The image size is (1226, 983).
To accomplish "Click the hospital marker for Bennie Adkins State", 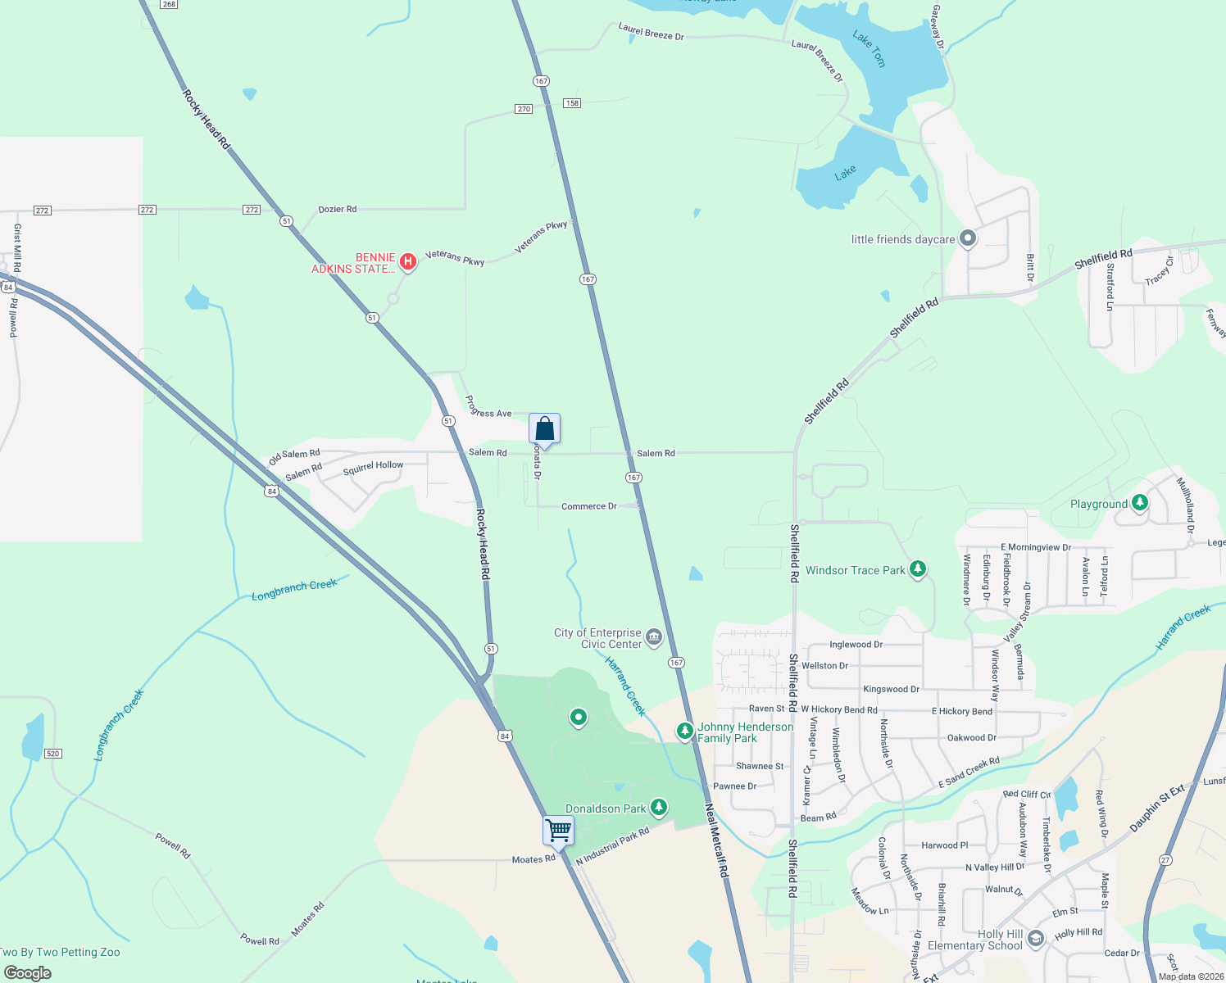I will [x=407, y=262].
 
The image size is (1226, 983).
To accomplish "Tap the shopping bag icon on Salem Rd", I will [x=544, y=428].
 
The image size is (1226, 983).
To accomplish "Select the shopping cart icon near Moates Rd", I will [x=558, y=830].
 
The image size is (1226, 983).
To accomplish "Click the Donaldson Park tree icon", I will [x=658, y=808].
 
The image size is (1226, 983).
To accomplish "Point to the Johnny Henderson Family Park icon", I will [x=684, y=731].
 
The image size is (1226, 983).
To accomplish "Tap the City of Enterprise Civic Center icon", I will [x=654, y=637].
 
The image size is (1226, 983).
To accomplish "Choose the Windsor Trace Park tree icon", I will [x=918, y=569].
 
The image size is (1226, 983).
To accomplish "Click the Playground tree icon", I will [x=1139, y=503].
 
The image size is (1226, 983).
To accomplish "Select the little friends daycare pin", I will [x=968, y=238].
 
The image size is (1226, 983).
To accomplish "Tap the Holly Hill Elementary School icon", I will [x=1035, y=938].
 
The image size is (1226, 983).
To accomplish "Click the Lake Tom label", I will [x=869, y=48].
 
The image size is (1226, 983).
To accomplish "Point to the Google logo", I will [x=28, y=973].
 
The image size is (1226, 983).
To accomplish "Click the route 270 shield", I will [x=524, y=109].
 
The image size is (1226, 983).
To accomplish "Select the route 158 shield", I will [x=572, y=103].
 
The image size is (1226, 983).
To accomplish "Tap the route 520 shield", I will [x=52, y=754].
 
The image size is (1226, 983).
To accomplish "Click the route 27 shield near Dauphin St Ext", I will [x=1165, y=859].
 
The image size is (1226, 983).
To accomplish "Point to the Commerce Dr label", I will [x=588, y=506].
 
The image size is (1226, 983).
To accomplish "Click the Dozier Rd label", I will [x=337, y=209].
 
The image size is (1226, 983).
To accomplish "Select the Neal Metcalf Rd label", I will [x=716, y=840].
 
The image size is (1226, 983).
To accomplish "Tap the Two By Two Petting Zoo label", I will [x=61, y=952].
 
